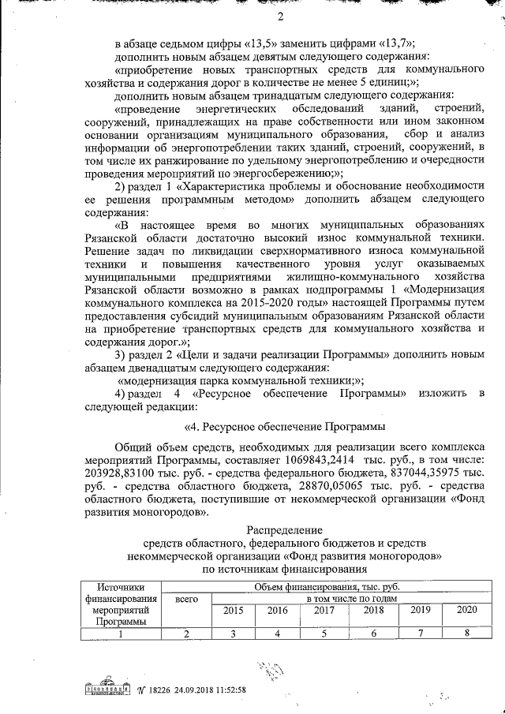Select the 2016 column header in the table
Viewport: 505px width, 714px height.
tap(277, 611)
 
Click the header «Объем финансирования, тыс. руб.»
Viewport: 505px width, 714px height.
tap(327, 587)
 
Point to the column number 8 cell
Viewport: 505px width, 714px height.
tap(467, 633)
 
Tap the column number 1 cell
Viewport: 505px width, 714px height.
tap(121, 633)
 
